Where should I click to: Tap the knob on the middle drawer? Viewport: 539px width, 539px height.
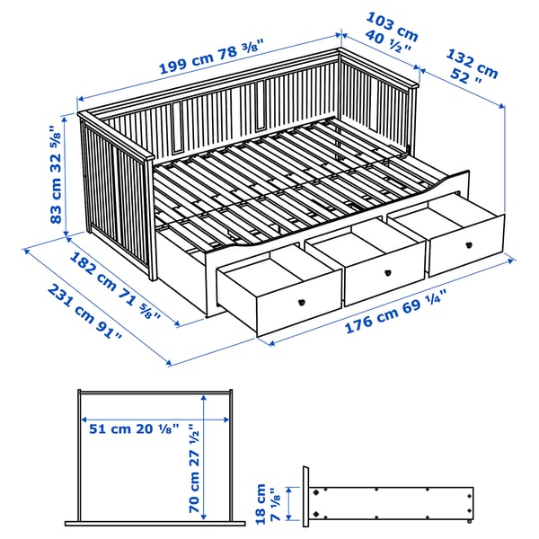(x=387, y=273)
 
